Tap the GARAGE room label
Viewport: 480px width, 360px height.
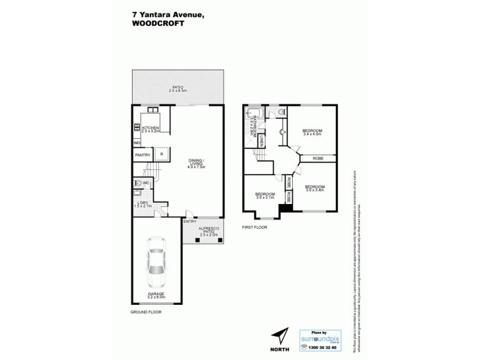point(155,295)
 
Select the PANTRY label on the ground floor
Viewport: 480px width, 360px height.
point(142,155)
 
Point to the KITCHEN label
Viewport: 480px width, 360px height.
point(149,128)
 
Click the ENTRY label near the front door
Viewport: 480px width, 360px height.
point(190,221)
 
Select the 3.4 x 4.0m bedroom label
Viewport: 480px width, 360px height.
point(312,133)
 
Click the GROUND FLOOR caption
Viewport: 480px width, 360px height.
point(146,312)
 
